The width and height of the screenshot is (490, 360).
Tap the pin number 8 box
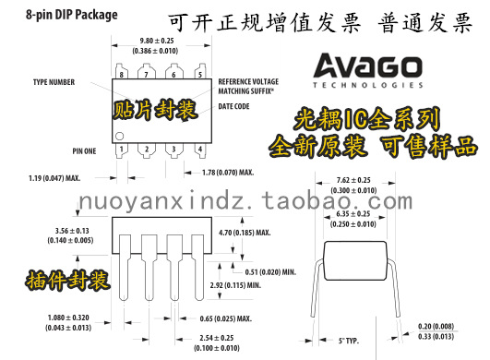tap(121, 74)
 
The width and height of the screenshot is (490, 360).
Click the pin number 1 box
tap(121, 149)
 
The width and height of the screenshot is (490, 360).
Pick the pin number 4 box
tap(197, 149)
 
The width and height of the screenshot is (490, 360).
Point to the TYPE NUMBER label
tap(54, 80)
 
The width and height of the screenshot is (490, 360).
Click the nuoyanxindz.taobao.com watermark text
tap(244, 202)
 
